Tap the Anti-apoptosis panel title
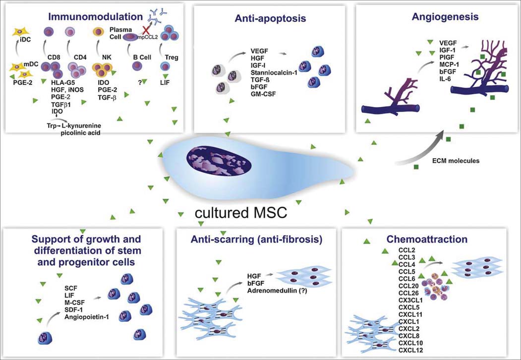[x=270, y=18]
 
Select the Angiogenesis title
[x=445, y=17]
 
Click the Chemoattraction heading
[x=427, y=239]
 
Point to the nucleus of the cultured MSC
[x=218, y=161]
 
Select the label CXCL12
[x=410, y=350]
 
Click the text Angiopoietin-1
[x=87, y=317]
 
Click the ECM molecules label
[x=456, y=161]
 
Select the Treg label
[x=172, y=57]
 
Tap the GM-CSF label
[x=264, y=94]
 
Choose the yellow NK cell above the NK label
[x=98, y=32]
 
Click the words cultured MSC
[x=240, y=213]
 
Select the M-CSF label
[x=75, y=302]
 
